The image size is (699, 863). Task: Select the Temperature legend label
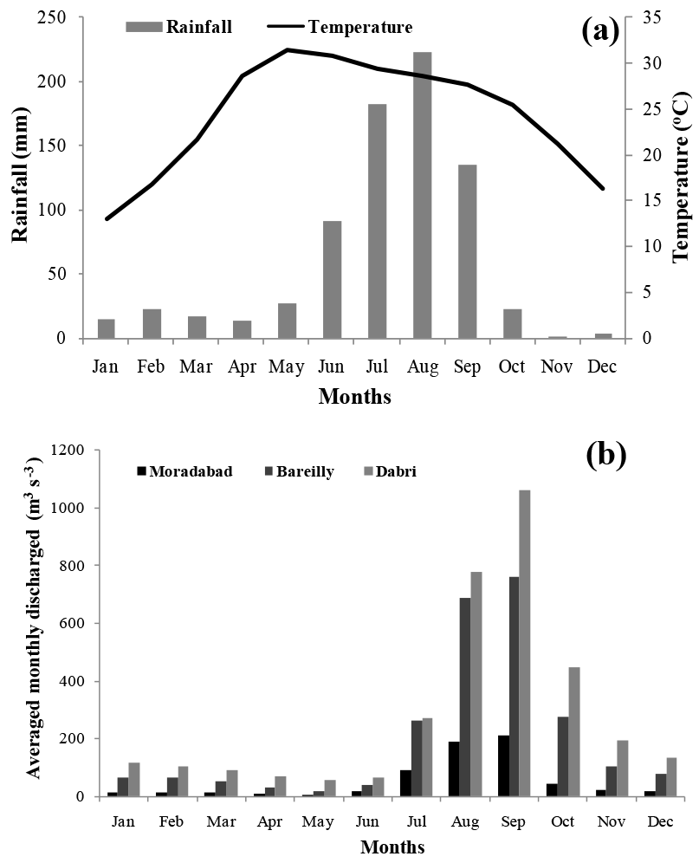click(x=360, y=27)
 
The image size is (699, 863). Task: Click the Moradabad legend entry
click(x=187, y=471)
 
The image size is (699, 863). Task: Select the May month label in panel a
click(x=287, y=367)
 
